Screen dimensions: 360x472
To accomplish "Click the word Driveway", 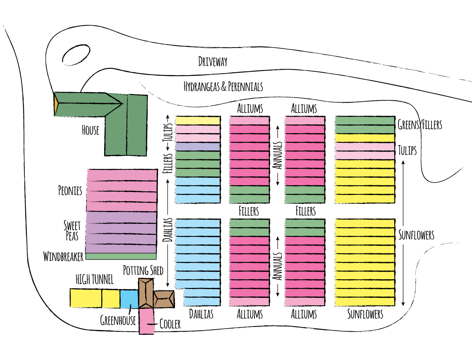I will tap(213, 61).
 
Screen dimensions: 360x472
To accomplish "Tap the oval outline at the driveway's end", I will tap(76, 55).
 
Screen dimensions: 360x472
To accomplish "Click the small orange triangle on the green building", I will tap(56, 104).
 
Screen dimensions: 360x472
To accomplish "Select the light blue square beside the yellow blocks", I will tap(129, 299).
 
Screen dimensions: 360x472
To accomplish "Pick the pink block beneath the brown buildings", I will tap(147, 321).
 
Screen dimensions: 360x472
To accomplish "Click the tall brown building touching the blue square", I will tap(146, 294).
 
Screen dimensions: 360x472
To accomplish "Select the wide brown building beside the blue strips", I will tap(164, 299).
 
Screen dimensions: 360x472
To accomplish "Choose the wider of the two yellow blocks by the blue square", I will tap(86, 298).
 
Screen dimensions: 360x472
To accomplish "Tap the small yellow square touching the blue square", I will tap(111, 299).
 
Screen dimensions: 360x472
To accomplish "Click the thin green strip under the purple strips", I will tap(121, 256).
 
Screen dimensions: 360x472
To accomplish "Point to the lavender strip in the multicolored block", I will tap(197, 147).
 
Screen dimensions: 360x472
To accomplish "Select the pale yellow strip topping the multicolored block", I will tap(197, 121).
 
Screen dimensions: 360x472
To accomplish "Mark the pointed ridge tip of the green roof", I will tap(120, 104).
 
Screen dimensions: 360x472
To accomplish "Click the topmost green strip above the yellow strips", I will tap(365, 121).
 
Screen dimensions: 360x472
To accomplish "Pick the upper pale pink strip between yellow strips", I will tap(365, 147).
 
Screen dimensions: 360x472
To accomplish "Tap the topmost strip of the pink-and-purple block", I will tap(122, 175).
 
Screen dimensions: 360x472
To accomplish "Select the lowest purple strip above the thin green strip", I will tap(121, 249).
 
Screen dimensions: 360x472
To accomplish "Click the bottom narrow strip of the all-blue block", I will tap(202, 302).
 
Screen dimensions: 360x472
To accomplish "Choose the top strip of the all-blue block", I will tap(197, 223).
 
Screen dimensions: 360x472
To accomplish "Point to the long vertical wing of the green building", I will tap(126, 130).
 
